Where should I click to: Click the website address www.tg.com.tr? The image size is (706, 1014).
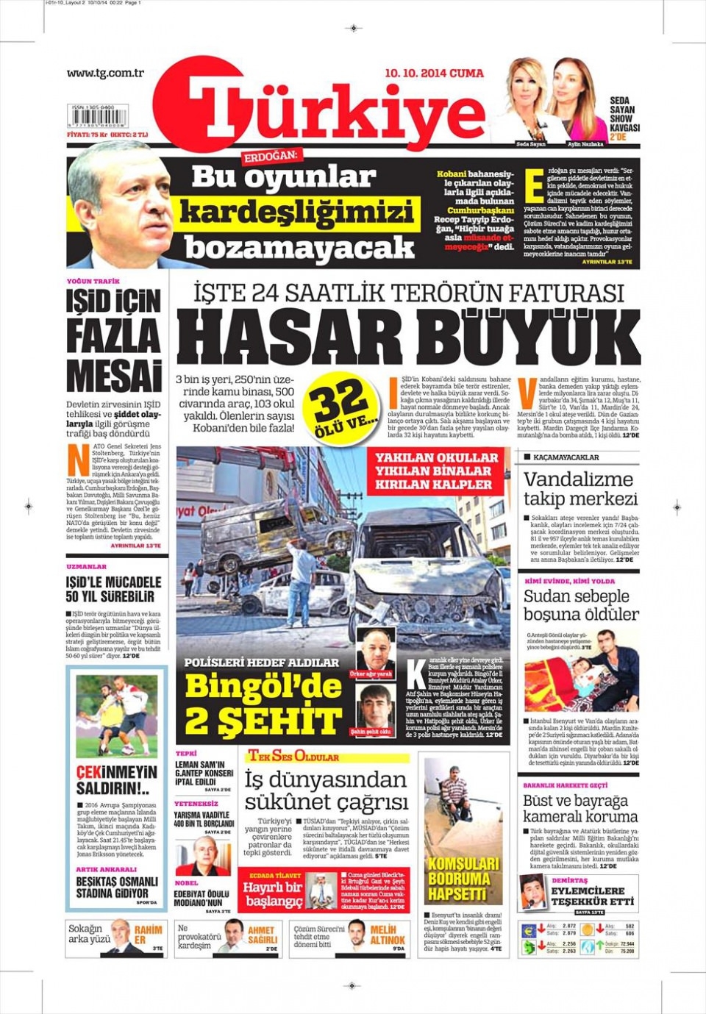105,73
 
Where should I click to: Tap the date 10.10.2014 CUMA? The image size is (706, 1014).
434,74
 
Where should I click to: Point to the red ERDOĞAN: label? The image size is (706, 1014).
271,156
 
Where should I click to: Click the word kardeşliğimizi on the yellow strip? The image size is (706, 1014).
296,213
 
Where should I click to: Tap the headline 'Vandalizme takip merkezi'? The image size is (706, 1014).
580,488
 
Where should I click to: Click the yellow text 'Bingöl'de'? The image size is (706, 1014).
263,686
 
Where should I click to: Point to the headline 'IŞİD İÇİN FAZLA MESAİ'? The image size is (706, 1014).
113,340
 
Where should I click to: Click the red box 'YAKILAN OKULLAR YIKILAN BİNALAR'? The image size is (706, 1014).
437,471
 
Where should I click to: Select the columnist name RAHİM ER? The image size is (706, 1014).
148,935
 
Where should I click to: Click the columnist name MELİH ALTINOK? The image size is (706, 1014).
388,935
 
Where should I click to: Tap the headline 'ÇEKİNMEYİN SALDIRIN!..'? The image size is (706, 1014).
116,779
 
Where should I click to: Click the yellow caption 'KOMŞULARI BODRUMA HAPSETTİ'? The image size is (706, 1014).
463,879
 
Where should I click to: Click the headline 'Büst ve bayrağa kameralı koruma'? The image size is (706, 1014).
580,808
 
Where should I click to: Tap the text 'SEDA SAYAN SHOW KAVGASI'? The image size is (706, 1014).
624,114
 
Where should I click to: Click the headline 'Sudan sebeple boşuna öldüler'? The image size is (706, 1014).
580,604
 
